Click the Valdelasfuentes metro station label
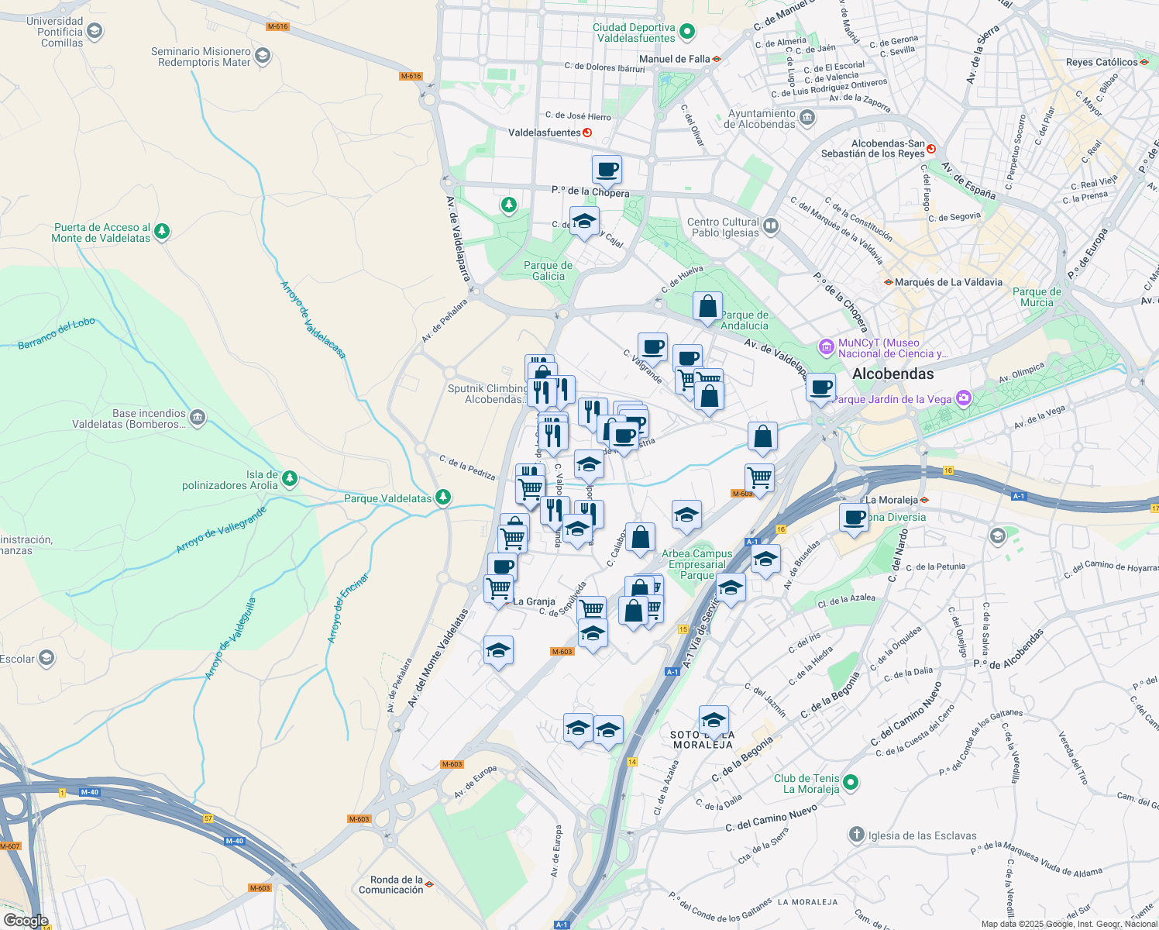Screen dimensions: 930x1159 (544, 133)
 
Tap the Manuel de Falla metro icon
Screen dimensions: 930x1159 (717, 59)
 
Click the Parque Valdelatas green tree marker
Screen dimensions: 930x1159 (443, 497)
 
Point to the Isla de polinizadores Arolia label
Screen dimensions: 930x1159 (229, 480)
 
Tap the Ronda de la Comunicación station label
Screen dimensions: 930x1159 (390, 884)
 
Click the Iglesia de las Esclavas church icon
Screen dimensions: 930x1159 (856, 835)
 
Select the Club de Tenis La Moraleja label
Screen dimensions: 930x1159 (806, 784)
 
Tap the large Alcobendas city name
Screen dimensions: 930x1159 (892, 374)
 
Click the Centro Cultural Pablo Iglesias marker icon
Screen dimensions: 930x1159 (771, 226)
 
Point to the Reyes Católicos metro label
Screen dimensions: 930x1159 (1102, 62)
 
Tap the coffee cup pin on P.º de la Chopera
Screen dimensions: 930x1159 (607, 170)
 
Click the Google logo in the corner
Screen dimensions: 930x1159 (26, 921)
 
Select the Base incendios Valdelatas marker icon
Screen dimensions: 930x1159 (197, 418)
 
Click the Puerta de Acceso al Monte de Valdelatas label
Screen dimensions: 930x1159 (101, 232)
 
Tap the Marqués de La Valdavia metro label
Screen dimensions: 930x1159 (947, 282)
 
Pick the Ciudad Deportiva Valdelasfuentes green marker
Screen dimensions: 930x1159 (686, 33)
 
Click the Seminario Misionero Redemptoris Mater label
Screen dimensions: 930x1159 (201, 57)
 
